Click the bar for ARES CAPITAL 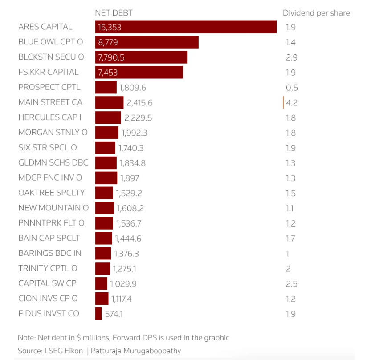186,27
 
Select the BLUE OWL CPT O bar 147,42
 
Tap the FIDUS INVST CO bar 98,314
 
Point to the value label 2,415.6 139,103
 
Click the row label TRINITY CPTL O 48,268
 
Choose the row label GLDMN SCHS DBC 53,163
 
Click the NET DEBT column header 114,13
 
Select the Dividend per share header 316,13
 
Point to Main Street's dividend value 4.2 292,103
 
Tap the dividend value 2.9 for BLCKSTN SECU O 291,57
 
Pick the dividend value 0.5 292,88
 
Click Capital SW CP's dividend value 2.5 291,284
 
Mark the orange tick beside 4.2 283,102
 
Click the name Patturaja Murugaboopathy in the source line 136,351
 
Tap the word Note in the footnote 26,337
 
